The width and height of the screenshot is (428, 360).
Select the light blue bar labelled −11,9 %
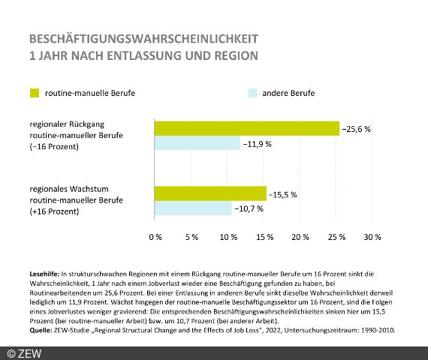coord(197,143)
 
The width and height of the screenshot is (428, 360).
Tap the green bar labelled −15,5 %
coord(209,193)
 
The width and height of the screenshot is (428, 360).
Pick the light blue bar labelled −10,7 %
coord(192,208)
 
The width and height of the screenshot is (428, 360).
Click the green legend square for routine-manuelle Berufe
coord(34,93)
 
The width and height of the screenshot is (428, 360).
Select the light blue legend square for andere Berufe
coord(252,93)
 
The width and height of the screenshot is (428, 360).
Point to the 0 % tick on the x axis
coord(155,237)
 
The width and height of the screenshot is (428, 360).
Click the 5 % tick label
coord(191,237)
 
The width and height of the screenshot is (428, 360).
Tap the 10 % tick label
coord(228,237)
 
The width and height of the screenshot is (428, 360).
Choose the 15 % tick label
coord(264,237)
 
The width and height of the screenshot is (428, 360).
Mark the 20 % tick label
coord(300,237)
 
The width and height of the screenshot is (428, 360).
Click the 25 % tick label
coord(336,237)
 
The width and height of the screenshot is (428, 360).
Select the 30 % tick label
coord(372,237)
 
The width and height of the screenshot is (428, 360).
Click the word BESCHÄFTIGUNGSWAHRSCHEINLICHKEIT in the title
coord(143,38)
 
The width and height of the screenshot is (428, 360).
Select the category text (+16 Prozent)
coord(54,211)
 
